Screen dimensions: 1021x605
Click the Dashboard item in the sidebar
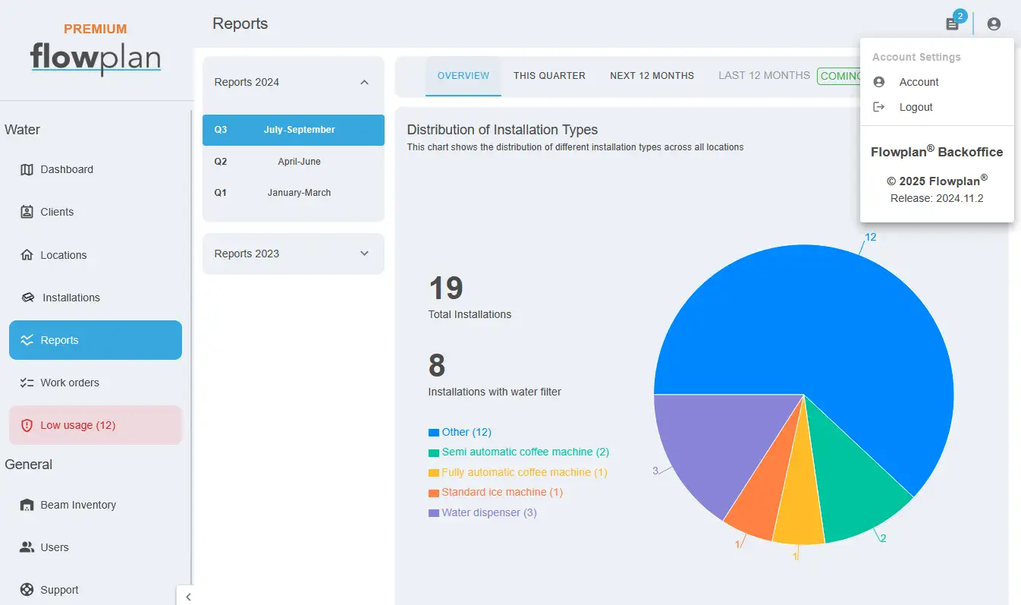tap(57, 169)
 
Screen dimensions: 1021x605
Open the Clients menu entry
tap(47, 212)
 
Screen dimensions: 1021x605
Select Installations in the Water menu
tap(61, 298)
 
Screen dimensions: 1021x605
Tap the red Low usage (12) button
tap(96, 425)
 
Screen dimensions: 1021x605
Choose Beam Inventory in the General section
tap(68, 505)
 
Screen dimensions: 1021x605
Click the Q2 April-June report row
tap(293, 162)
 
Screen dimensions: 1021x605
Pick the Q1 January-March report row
tap(293, 193)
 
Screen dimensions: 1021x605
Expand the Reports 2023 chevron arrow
tap(364, 254)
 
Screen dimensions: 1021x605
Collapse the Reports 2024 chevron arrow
tap(364, 82)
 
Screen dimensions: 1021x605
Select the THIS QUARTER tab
tap(549, 76)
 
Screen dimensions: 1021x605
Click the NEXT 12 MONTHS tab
tap(652, 76)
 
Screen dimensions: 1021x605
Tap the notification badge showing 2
tap(960, 17)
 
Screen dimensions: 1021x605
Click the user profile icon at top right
tap(994, 24)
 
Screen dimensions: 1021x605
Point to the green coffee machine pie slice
tap(853, 493)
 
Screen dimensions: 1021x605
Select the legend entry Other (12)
tap(460, 432)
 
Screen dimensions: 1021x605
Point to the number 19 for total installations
tap(446, 288)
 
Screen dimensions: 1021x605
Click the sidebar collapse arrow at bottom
tap(188, 597)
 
